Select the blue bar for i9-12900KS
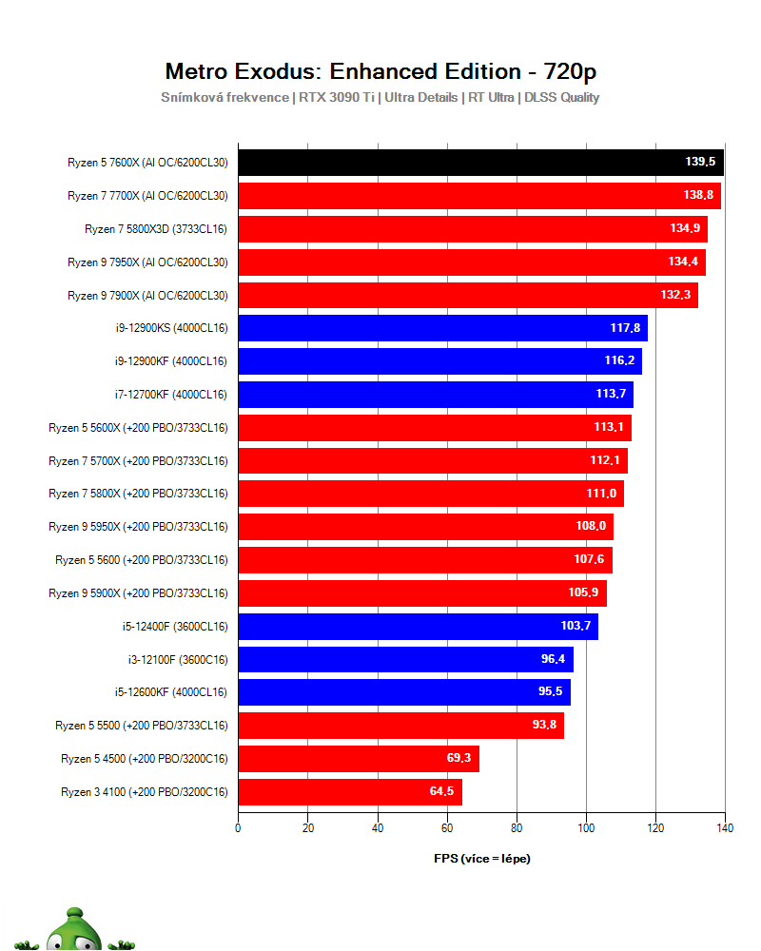point(442,328)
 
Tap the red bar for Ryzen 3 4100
point(349,792)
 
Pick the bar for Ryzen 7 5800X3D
point(473,229)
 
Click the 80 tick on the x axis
point(517,827)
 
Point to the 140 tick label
point(725,827)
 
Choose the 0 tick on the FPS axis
point(238,827)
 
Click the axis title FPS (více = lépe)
point(481,859)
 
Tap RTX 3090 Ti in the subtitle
point(338,97)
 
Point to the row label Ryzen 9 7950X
point(147,262)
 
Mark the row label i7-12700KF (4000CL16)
point(169,395)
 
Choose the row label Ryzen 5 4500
point(144,759)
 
